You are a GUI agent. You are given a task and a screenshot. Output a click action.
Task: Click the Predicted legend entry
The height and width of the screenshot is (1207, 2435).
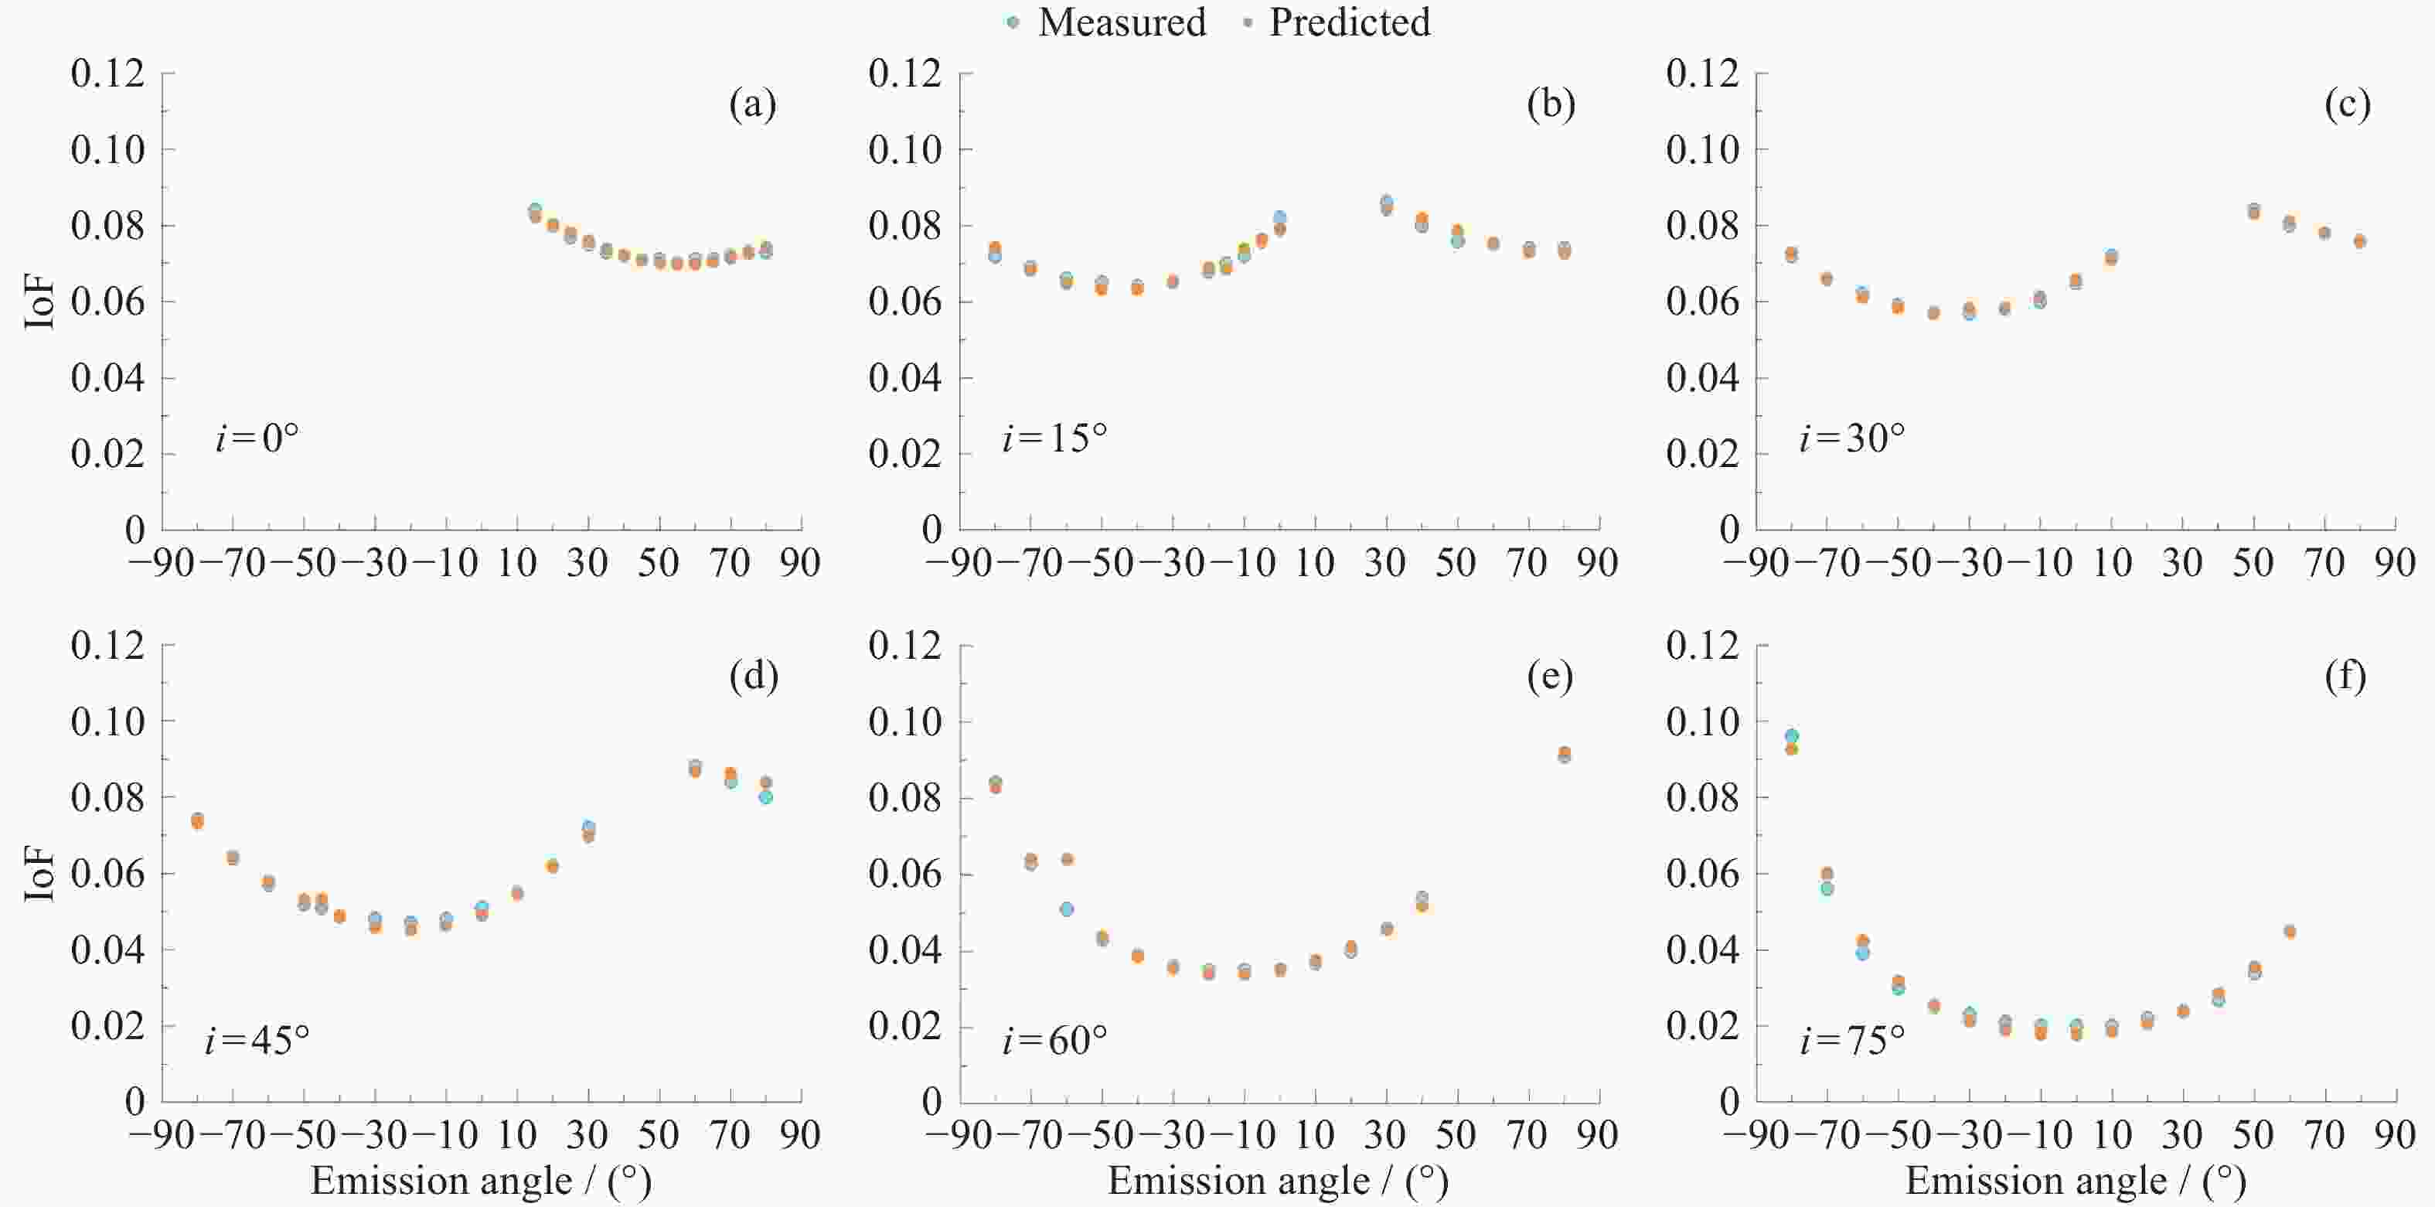1337,22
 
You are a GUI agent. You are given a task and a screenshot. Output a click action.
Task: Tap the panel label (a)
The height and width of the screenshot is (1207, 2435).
752,104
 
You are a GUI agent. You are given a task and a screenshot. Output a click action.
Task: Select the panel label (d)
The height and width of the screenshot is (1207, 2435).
754,676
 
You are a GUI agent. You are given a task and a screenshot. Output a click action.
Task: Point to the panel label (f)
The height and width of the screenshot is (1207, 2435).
2345,676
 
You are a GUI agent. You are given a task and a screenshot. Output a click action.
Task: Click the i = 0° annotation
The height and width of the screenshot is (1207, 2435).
257,438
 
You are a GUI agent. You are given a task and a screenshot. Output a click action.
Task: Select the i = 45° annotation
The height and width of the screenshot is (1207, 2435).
257,1041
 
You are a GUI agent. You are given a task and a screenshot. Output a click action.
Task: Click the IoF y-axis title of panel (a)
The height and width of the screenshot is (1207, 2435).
39,302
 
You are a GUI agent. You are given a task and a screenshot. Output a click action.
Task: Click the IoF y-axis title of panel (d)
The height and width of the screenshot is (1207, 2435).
39,873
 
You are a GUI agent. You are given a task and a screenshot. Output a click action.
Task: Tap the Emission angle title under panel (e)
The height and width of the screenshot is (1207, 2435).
1278,1181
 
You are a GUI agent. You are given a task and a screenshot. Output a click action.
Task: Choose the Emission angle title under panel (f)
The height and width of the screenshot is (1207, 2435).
2076,1181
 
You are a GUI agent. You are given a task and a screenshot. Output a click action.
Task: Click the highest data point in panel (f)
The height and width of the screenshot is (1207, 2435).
1790,737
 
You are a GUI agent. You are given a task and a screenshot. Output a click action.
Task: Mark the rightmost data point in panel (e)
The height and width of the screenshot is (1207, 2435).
1565,754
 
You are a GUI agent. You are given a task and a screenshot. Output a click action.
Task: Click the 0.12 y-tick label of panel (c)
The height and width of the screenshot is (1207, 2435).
1702,73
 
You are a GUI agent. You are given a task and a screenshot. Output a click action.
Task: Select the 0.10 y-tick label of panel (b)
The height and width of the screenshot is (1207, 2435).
904,149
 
